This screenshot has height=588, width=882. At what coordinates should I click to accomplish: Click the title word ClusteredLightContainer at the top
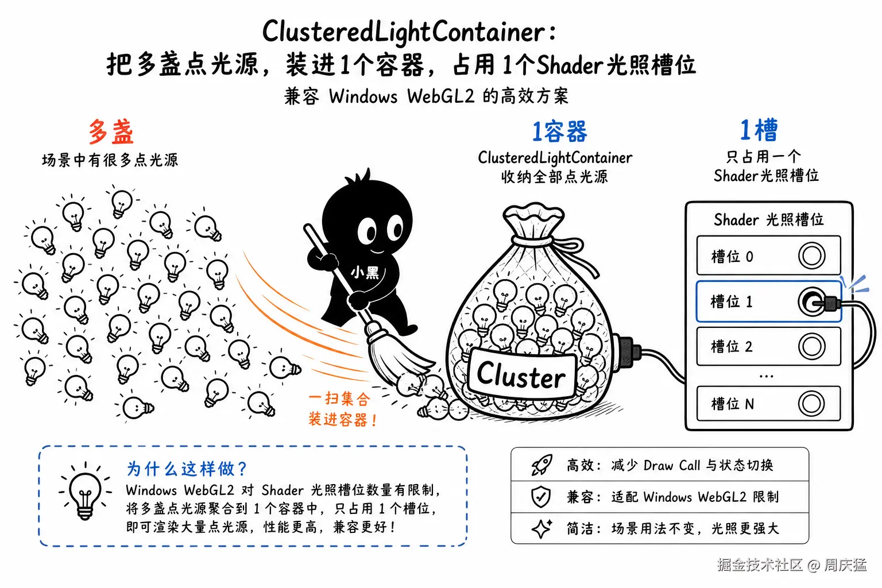coord(404,32)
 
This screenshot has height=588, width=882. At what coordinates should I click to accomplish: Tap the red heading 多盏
coord(111,131)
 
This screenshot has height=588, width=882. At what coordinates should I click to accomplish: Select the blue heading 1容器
coord(559,131)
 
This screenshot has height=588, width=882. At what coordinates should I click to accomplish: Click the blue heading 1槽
coord(759,130)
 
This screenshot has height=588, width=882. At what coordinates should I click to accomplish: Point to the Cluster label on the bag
coord(521,376)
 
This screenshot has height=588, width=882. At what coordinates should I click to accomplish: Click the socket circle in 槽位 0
coord(811,256)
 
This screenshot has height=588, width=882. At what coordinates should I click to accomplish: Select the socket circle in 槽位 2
coord(811,347)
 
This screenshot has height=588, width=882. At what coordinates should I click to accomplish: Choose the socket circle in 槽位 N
coord(811,404)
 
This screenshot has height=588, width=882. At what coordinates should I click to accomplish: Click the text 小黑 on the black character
coord(365,272)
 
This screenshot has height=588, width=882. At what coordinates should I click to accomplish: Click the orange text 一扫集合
coord(339,399)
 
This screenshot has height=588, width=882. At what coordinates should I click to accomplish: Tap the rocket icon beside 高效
coord(542,465)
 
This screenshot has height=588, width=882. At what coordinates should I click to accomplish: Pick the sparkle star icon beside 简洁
coord(542,528)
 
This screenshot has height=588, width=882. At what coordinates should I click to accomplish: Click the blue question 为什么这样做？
coord(187,469)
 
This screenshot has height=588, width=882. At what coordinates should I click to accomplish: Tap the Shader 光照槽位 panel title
coord(769,219)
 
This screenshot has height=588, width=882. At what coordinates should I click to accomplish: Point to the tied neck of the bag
coord(532,240)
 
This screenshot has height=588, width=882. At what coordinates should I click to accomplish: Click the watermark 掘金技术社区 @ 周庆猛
coord(792,565)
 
